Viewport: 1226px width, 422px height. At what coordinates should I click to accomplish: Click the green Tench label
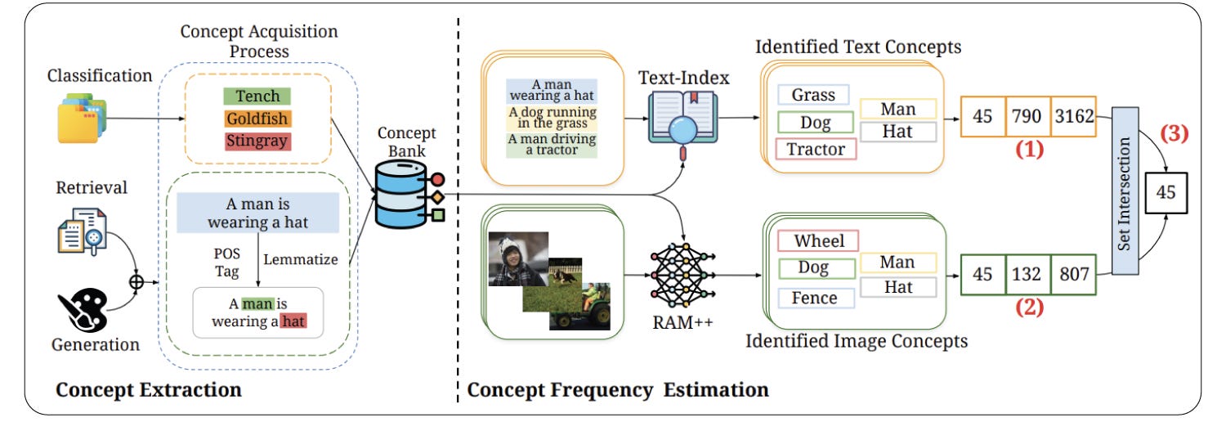point(257,97)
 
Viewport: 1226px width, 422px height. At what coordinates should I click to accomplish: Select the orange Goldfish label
point(257,119)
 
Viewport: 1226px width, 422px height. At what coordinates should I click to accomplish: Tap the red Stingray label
point(257,141)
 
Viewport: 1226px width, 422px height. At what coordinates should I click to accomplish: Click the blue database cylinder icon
point(400,194)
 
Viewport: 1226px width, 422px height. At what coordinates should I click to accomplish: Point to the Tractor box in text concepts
point(816,149)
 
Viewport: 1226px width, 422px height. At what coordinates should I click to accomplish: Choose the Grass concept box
point(813,95)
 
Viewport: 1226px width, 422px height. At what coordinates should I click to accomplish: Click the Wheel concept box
point(818,240)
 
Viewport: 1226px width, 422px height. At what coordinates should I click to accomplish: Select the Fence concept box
point(816,299)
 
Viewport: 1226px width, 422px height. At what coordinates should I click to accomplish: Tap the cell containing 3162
point(1074,117)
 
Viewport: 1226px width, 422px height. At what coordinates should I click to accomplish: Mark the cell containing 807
point(1074,274)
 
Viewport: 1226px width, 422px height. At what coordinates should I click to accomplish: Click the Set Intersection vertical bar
point(1125,191)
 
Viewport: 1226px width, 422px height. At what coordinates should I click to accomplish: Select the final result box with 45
point(1166,193)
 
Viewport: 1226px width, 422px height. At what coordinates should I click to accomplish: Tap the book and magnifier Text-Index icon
point(683,125)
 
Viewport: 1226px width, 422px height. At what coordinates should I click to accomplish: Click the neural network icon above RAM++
point(682,275)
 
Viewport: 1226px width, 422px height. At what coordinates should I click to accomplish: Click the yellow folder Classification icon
point(82,119)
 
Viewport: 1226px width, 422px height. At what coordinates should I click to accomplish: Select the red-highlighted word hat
point(293,321)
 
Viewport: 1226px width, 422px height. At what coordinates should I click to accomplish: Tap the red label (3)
point(1175,133)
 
